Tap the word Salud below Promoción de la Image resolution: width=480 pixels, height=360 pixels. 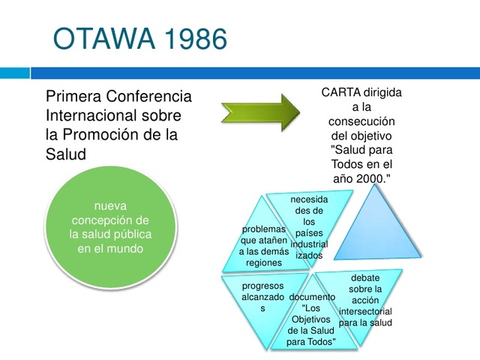point(66,154)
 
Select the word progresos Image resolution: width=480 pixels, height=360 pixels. point(263,286)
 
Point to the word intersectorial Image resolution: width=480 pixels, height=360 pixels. point(365,310)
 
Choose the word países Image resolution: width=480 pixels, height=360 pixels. point(309,233)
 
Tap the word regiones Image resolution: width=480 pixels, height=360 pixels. point(263,263)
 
